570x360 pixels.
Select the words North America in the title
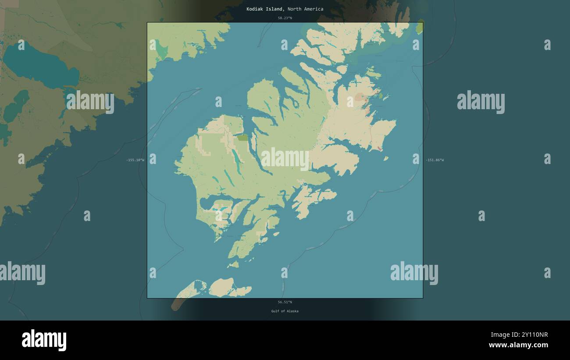306,9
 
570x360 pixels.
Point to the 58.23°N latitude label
285,18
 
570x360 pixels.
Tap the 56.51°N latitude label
285,302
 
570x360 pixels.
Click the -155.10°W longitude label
135,160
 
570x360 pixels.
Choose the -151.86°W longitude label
435,160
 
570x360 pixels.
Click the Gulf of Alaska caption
285,311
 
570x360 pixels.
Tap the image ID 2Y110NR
531,335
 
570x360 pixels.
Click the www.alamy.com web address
519,345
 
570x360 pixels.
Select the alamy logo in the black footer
44,340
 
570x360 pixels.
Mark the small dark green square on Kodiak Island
242,137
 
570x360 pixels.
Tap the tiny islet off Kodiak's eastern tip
386,158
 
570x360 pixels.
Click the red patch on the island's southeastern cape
379,149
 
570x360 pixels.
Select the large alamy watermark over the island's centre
285,159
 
